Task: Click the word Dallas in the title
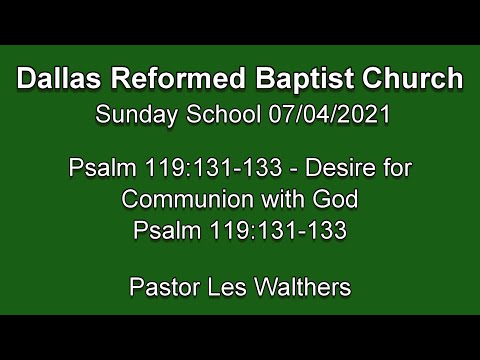click(x=59, y=78)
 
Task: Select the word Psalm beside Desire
click(x=98, y=166)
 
